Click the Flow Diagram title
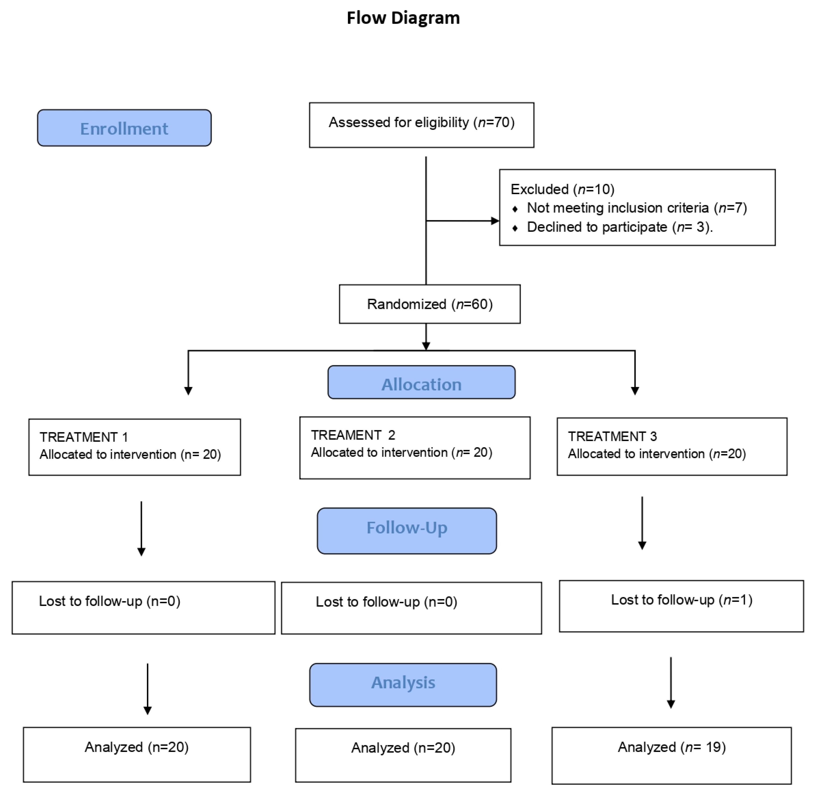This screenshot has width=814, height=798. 403,18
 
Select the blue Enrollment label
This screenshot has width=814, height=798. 124,128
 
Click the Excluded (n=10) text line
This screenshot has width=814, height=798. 562,189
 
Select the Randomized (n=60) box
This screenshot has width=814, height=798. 430,304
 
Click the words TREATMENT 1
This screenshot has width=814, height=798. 83,437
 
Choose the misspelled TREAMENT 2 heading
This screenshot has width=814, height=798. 353,435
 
